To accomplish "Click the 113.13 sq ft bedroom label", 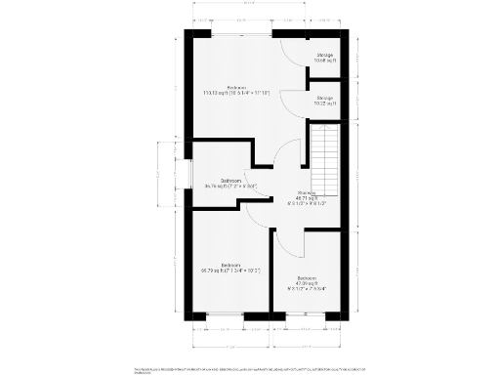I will [x=235, y=91].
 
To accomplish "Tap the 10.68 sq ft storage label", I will [x=324, y=58].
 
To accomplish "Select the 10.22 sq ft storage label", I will [x=324, y=100].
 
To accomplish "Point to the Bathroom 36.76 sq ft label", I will [x=230, y=183].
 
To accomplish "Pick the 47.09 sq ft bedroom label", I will [x=307, y=284].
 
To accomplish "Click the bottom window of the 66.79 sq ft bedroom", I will [x=226, y=316].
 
